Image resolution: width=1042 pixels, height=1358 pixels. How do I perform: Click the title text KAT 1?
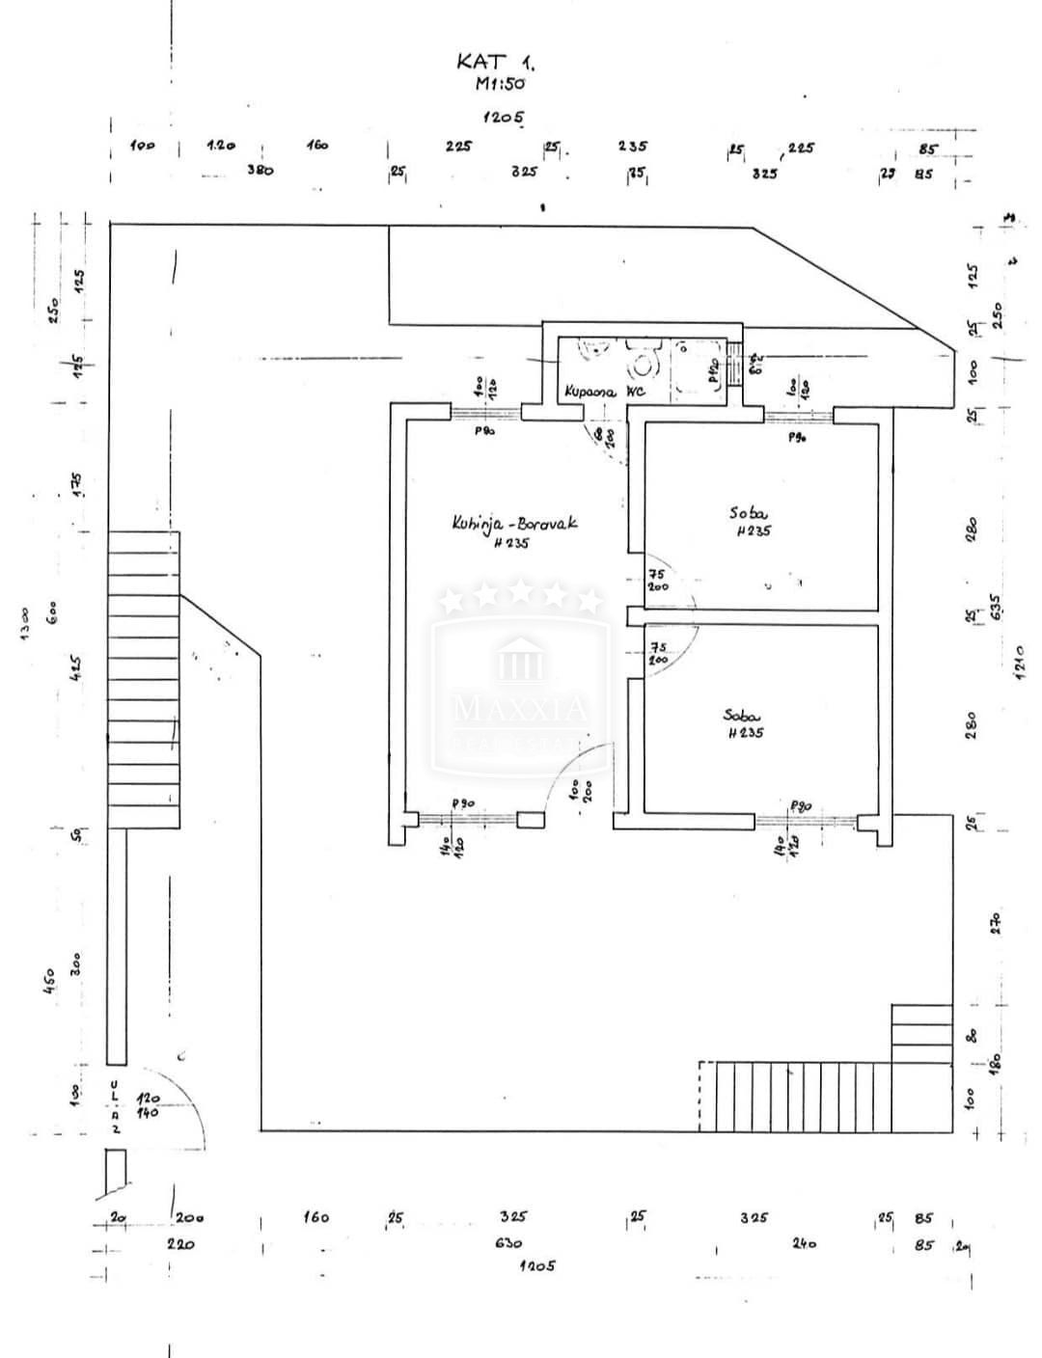[494, 62]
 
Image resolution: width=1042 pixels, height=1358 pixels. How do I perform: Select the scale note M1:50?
[499, 84]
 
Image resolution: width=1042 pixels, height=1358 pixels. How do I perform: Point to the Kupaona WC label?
[604, 392]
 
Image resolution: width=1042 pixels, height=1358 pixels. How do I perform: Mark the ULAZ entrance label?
[115, 1108]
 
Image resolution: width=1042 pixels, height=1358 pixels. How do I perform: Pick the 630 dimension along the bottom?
[507, 1243]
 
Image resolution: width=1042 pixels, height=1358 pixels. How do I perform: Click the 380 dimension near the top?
[260, 170]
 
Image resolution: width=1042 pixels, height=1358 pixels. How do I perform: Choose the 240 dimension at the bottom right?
[804, 1243]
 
